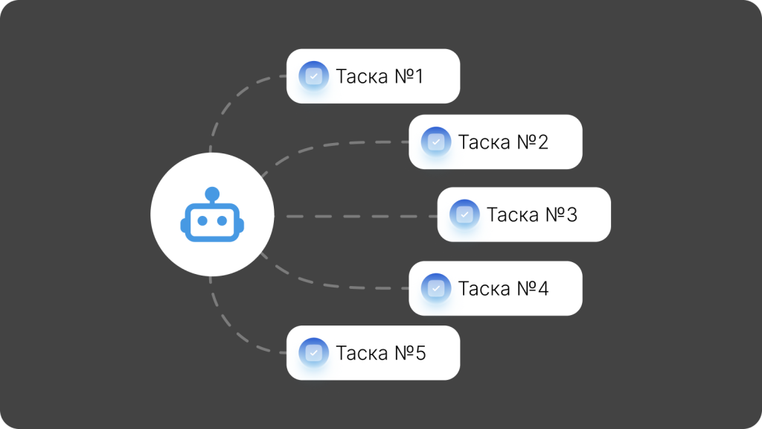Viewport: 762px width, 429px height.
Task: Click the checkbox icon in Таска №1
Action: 313,76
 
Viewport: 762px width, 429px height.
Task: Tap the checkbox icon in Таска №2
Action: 436,142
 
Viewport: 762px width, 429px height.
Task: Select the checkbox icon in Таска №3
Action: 464,214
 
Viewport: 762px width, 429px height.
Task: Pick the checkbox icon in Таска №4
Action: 436,288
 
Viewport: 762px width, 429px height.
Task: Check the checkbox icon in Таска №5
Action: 313,352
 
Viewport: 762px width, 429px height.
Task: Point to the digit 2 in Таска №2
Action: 542,142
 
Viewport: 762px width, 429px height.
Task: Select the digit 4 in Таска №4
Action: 542,288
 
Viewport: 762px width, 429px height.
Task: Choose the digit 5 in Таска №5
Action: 420,353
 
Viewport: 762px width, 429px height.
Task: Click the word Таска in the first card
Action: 362,77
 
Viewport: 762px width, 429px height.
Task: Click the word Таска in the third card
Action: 513,214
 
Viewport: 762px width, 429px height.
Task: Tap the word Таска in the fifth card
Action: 362,353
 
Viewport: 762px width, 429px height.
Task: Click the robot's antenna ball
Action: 212,194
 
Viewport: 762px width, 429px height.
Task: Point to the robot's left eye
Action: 202,220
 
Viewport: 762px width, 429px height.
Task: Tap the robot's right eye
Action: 222,220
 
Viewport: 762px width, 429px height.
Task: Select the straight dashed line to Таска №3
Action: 362,216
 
